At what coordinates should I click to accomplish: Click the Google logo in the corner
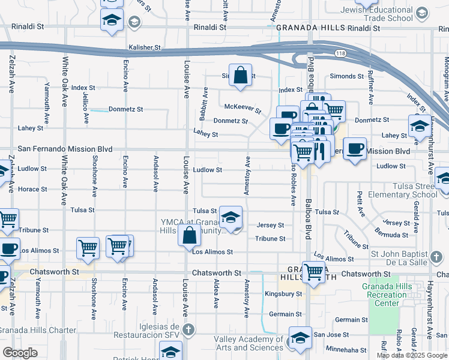click(x=20, y=353)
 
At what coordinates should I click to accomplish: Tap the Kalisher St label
click(x=145, y=47)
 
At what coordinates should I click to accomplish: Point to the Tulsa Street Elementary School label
click(x=408, y=190)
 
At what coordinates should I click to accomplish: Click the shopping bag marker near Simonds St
click(x=240, y=76)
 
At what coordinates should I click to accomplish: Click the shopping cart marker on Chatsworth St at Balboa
click(x=313, y=271)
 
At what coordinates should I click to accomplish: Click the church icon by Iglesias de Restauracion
click(x=188, y=329)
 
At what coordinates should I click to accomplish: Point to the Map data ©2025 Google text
click(x=412, y=355)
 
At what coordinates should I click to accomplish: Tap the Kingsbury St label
click(x=283, y=294)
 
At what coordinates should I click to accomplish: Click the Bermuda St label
click(x=397, y=231)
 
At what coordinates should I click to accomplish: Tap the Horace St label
click(x=32, y=190)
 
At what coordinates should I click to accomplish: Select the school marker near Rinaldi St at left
click(x=112, y=20)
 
